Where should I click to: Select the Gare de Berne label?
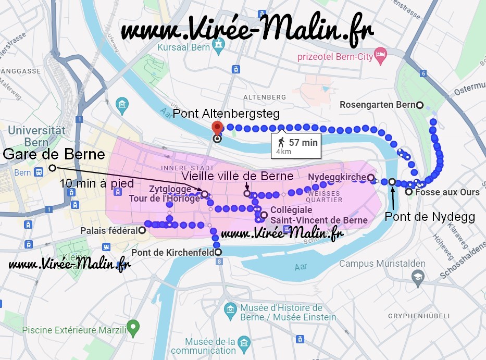click(54, 154)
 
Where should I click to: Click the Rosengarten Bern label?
click(377, 105)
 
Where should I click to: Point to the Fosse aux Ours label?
click(447, 192)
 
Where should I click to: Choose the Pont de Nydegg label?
click(429, 217)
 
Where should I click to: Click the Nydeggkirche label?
click(337, 178)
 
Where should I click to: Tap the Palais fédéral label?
click(109, 230)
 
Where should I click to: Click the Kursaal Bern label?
click(183, 47)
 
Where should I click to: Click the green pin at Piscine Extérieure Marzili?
click(134, 327)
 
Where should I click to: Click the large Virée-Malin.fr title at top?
click(247, 30)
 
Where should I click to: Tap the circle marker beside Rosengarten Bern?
click(420, 105)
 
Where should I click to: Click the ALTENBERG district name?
click(265, 97)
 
